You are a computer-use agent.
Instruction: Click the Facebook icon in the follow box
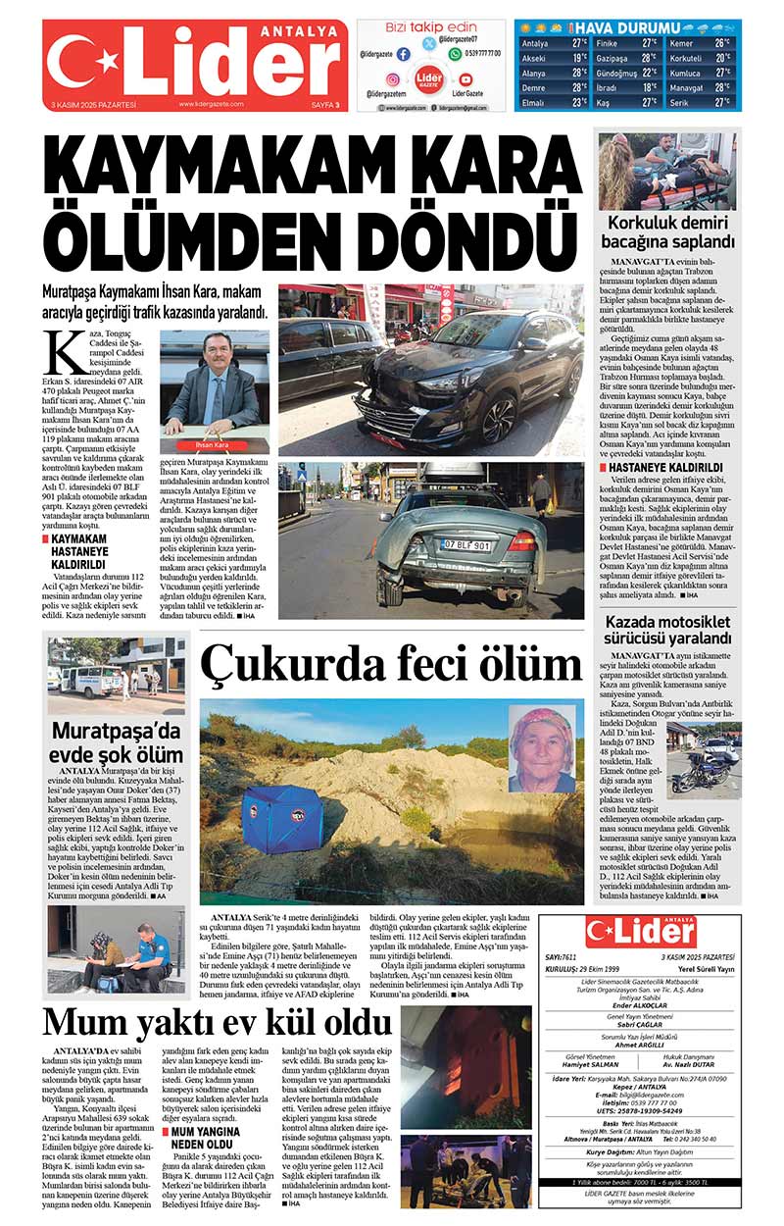click(403, 54)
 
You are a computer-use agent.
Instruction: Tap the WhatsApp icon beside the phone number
click(455, 54)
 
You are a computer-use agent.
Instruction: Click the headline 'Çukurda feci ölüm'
click(392, 664)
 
